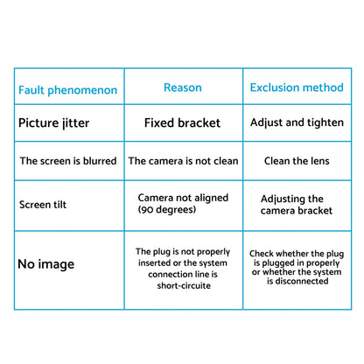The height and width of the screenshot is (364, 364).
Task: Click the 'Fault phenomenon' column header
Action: click(x=67, y=90)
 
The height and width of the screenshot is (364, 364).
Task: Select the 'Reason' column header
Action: click(x=183, y=87)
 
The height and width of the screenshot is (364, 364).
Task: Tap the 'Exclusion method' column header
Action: click(x=297, y=87)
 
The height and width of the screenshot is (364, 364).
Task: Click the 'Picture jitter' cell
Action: click(x=53, y=122)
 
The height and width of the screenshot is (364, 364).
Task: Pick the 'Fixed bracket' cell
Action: click(x=182, y=122)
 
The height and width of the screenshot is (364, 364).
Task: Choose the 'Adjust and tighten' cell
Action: click(x=297, y=122)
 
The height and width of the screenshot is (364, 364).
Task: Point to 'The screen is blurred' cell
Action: click(x=68, y=161)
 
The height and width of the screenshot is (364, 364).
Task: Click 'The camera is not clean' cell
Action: click(x=183, y=161)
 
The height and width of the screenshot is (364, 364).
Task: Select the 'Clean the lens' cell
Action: click(x=297, y=161)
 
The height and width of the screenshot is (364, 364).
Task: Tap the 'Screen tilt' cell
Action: click(x=43, y=205)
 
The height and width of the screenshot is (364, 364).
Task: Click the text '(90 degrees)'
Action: click(x=167, y=209)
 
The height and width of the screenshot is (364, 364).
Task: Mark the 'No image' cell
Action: click(x=45, y=264)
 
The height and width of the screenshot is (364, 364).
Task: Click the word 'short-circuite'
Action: click(x=184, y=285)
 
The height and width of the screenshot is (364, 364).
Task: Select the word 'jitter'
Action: click(x=75, y=122)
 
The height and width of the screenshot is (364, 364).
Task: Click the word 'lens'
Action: click(x=318, y=161)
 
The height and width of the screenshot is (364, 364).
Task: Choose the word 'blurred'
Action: click(x=100, y=161)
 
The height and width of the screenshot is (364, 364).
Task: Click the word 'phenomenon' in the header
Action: click(x=82, y=90)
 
